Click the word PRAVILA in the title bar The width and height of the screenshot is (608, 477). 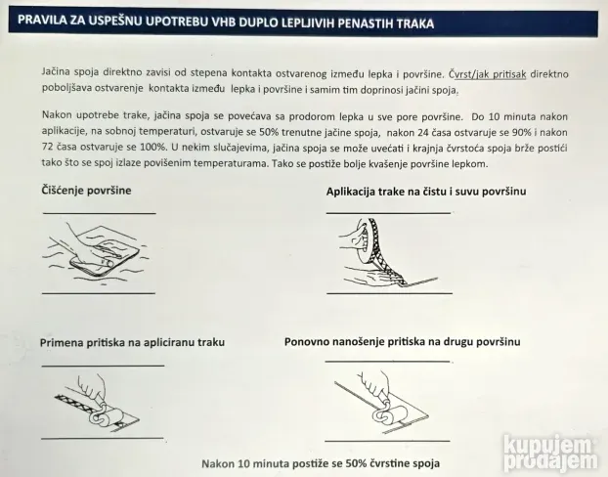click(x=40, y=22)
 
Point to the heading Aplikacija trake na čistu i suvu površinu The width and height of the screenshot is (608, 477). click(x=425, y=192)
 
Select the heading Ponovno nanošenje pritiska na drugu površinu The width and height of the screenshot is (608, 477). click(x=402, y=342)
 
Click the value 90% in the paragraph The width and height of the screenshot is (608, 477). click(x=522, y=131)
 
